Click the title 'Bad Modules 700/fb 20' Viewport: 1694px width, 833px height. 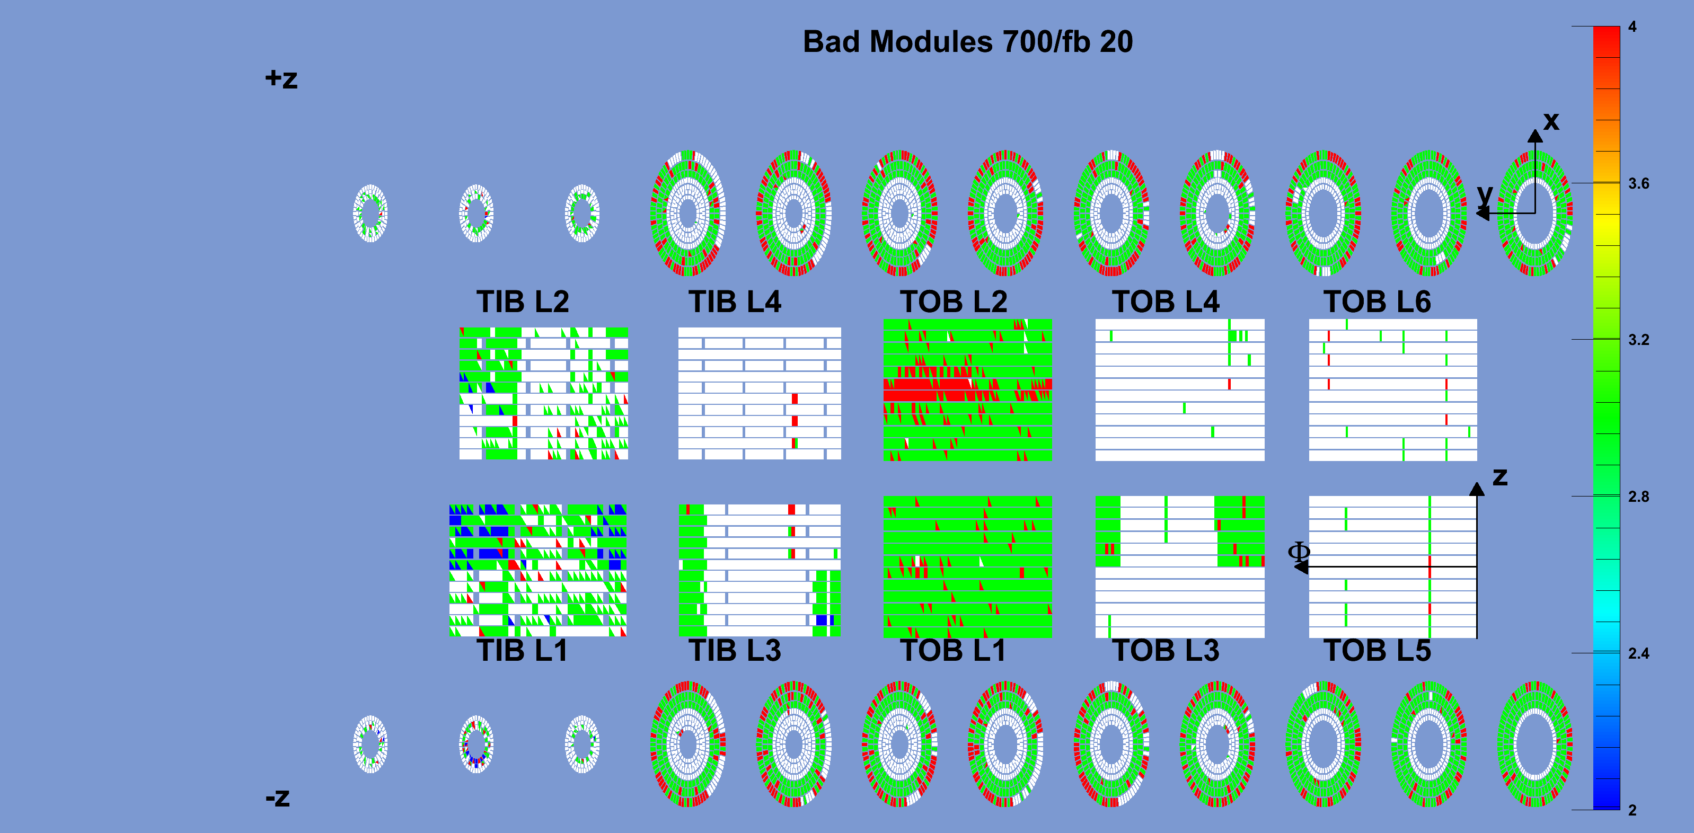(x=967, y=42)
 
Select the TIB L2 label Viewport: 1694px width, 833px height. (x=522, y=302)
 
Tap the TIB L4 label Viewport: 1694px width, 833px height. (x=735, y=302)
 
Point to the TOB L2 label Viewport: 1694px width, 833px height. (x=954, y=302)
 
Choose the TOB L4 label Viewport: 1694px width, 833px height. (x=1165, y=302)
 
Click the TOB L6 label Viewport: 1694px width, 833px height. (x=1377, y=302)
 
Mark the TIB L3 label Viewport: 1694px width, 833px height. (x=735, y=651)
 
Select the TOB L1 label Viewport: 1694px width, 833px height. (x=953, y=651)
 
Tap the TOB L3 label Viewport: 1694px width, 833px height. (x=1165, y=651)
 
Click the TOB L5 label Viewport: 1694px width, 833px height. (x=1377, y=651)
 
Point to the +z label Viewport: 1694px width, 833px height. (x=281, y=79)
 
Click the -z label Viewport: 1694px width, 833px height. (x=278, y=797)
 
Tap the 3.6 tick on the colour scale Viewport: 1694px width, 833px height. (x=1638, y=183)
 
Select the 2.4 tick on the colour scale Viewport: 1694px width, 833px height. (x=1638, y=653)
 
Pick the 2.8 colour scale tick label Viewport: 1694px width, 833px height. (x=1638, y=497)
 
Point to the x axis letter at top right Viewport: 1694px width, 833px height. (x=1551, y=121)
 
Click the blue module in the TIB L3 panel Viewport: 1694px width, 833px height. (x=822, y=620)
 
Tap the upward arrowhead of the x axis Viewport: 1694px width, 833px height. (x=1535, y=136)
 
